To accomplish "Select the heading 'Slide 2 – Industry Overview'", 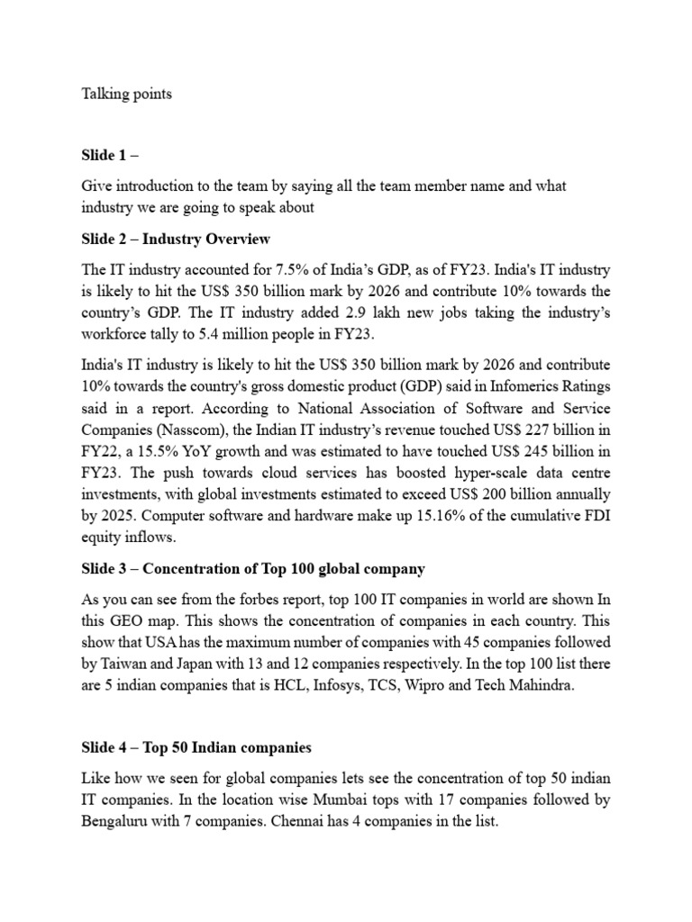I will point(176,239).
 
